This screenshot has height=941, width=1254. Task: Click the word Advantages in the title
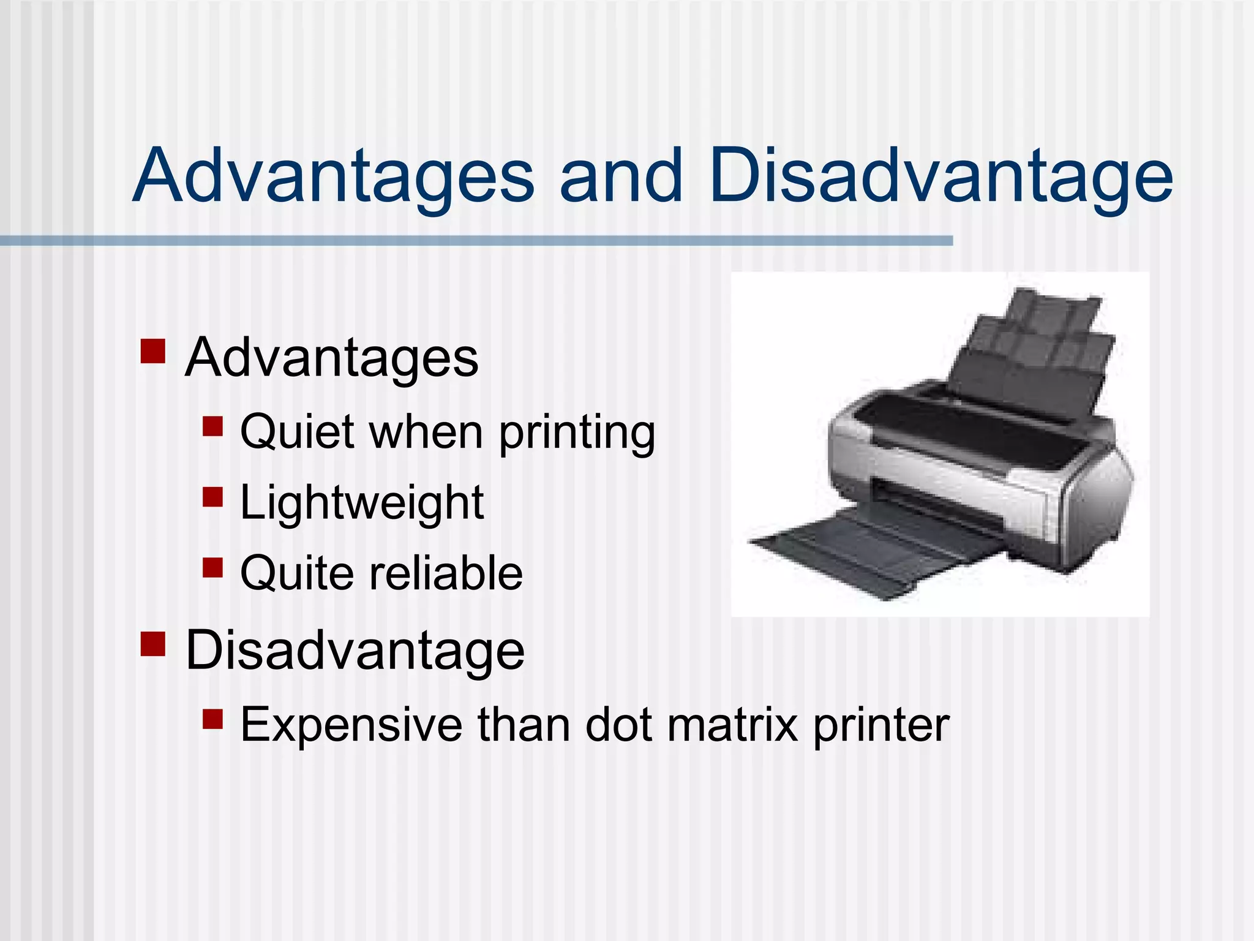coord(334,176)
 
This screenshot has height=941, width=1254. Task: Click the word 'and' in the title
coord(621,176)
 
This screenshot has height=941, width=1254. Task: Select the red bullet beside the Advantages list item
coord(153,352)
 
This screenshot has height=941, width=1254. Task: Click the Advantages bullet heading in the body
coord(331,358)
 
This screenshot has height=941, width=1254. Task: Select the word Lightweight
coord(362,503)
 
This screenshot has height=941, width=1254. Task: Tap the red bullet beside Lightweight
coord(212,496)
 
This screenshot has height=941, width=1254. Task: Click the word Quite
coord(297,573)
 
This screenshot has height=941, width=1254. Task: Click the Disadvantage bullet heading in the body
coord(355,651)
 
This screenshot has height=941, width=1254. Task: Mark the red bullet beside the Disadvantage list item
coord(153,644)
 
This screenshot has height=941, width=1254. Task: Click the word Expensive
coord(351,725)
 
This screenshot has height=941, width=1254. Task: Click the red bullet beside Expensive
coord(212,718)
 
